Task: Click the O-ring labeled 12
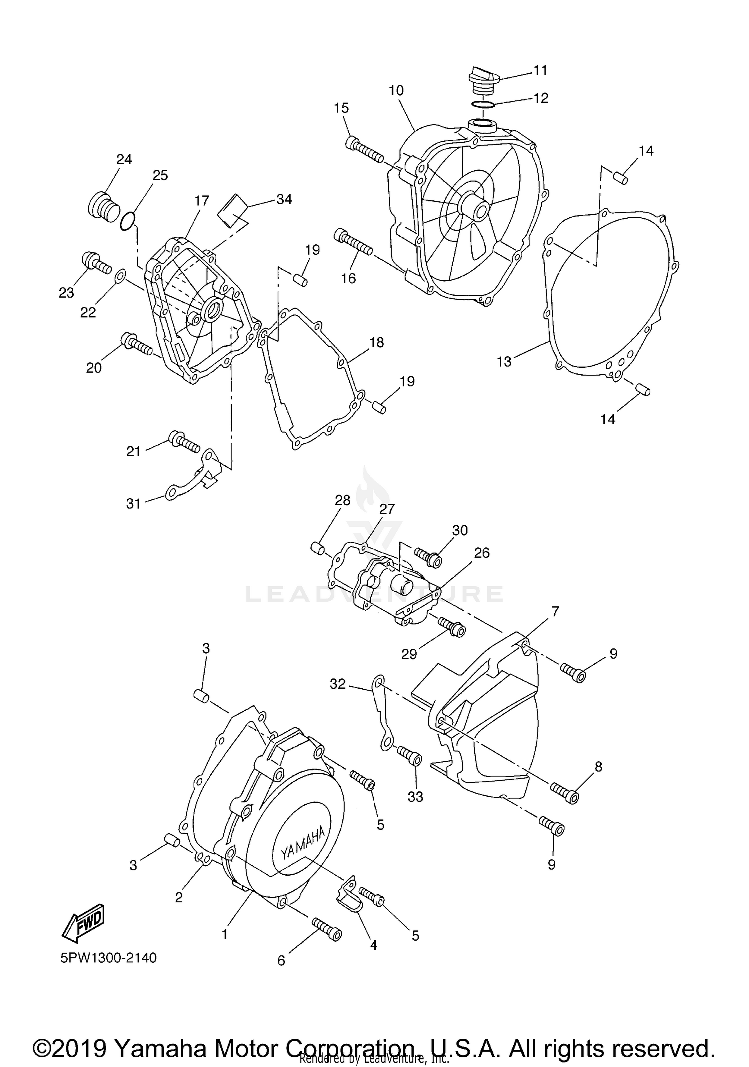click(x=483, y=105)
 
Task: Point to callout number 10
click(x=396, y=91)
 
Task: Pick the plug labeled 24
click(x=103, y=206)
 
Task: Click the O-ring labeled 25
click(x=128, y=220)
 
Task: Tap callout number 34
click(x=284, y=199)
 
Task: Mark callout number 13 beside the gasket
click(x=504, y=361)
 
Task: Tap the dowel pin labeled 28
click(x=318, y=547)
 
